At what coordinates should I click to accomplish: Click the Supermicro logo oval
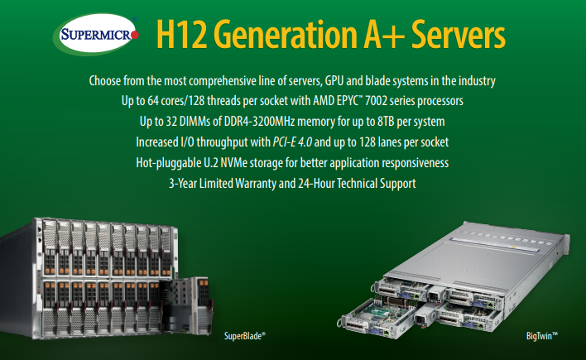click(x=96, y=34)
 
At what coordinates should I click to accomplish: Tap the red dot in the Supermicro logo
click(x=135, y=35)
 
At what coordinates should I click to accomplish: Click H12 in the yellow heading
click(x=181, y=35)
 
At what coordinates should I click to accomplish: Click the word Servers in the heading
click(x=459, y=35)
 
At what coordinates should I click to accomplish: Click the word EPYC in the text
click(x=347, y=101)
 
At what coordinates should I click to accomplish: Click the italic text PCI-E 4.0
click(x=292, y=142)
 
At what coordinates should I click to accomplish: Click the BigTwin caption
click(x=542, y=336)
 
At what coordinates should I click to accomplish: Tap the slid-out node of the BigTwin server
click(x=377, y=317)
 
